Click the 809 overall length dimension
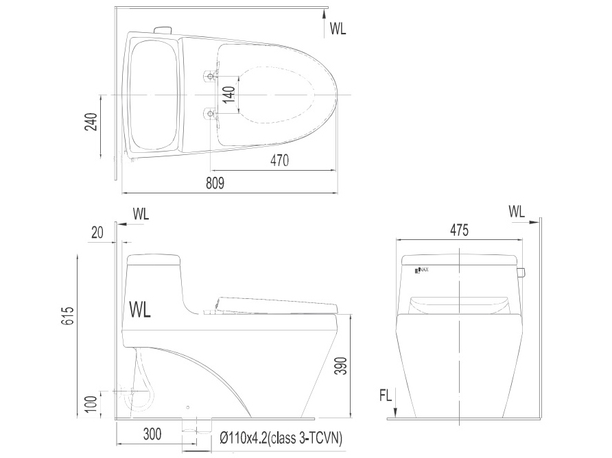pyautogui.click(x=215, y=183)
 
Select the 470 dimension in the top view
pyautogui.click(x=279, y=160)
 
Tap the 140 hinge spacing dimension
pyautogui.click(x=229, y=95)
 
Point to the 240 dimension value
pyautogui.click(x=91, y=122)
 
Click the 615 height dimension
pyautogui.click(x=68, y=315)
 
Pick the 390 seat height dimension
pyautogui.click(x=342, y=365)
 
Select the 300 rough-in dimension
pyautogui.click(x=152, y=434)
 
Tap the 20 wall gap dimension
pyautogui.click(x=97, y=232)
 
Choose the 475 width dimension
pyautogui.click(x=459, y=230)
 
